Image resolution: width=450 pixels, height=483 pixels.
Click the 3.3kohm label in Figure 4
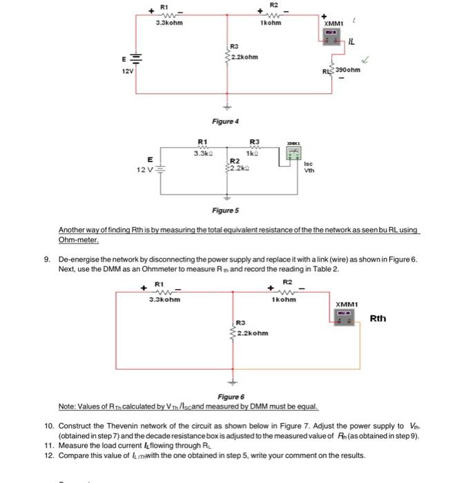point(170,23)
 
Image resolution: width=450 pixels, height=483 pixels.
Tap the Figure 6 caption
point(231,397)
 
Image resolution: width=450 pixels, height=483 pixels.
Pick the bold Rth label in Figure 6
point(378,318)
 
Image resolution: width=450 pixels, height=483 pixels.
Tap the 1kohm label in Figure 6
point(284,299)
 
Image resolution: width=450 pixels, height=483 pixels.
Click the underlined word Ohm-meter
point(79,241)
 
